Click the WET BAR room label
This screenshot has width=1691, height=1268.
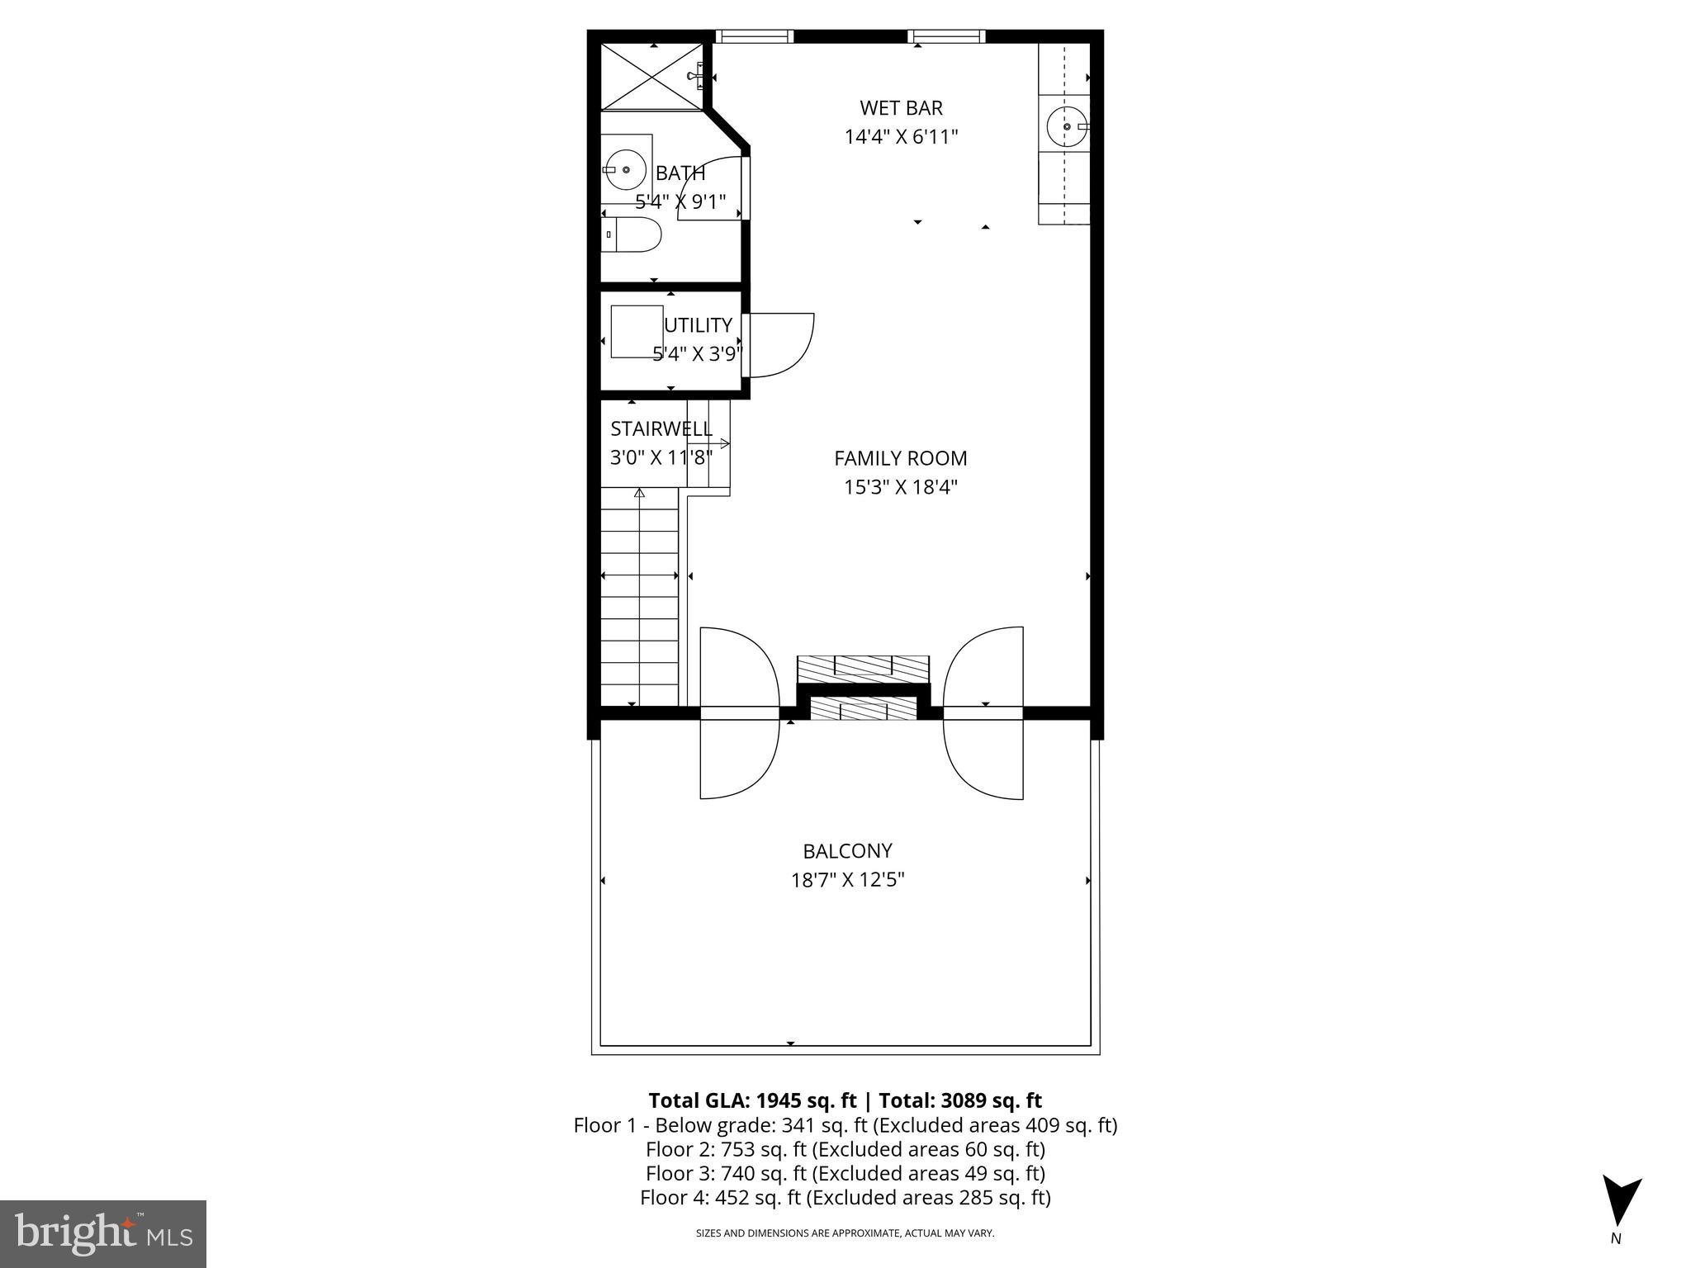point(901,108)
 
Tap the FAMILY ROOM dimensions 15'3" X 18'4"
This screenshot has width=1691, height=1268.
point(900,487)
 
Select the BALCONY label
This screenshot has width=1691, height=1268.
point(847,851)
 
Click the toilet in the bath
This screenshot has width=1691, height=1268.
point(632,235)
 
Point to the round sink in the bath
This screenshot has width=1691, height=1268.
point(625,169)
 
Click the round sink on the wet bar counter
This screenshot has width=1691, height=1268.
point(1066,127)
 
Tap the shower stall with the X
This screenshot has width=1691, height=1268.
point(650,77)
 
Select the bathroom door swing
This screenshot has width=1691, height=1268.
point(711,188)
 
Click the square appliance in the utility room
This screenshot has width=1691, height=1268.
point(636,332)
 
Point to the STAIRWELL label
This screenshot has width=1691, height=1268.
point(661,429)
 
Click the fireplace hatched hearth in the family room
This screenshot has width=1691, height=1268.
point(863,667)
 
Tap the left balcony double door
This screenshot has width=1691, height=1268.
point(739,712)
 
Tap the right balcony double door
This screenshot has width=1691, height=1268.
point(983,712)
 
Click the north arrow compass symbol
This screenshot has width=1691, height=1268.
point(1621,1202)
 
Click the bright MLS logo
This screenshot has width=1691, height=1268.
point(102,1233)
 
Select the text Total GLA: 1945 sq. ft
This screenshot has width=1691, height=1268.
point(753,1100)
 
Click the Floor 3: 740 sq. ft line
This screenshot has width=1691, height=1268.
point(845,1173)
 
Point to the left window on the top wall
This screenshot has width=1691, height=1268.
point(753,36)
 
